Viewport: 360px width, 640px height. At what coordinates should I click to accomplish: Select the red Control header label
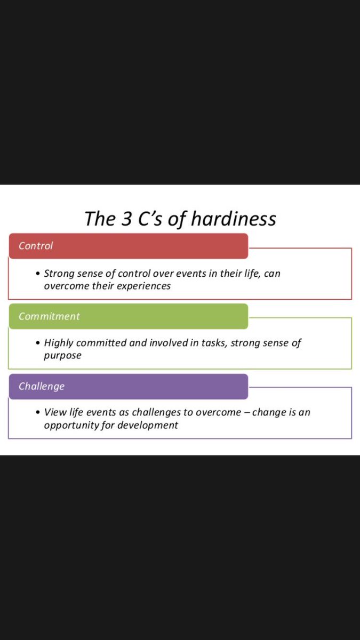coord(36,246)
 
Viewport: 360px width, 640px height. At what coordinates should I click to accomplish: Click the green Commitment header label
coord(49,316)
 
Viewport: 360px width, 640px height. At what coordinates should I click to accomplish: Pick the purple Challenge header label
coord(41,386)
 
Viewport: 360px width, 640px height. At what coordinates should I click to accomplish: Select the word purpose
coord(62,356)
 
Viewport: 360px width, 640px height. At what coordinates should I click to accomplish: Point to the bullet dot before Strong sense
coord(38,274)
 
